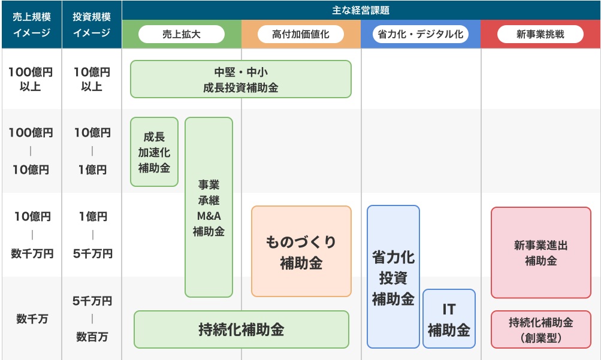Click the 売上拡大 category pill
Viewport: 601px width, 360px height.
pos(182,34)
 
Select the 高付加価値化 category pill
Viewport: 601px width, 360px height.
pos(301,34)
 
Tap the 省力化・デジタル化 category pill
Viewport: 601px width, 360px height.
pos(421,34)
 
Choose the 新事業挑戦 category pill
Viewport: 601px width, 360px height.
pos(540,34)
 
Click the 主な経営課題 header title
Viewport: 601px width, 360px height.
pos(361,10)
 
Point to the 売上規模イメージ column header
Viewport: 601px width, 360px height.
pos(31,25)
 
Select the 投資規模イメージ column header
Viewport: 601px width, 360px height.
pos(92,25)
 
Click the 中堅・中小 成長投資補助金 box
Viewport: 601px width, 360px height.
pos(241,79)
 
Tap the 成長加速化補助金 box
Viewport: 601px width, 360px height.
pos(154,152)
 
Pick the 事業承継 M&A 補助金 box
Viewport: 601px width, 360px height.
pos(209,207)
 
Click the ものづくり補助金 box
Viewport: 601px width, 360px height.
pos(301,251)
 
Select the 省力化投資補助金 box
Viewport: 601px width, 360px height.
pos(393,277)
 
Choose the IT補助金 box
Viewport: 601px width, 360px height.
pos(449,319)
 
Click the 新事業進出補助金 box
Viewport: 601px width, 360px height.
pos(541,253)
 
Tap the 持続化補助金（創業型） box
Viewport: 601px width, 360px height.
pos(541,329)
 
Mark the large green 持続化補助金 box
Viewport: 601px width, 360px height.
pos(241,329)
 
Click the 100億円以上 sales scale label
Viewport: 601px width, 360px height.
pos(31,79)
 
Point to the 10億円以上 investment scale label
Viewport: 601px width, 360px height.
pos(92,79)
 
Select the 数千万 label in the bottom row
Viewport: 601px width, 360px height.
pos(32,319)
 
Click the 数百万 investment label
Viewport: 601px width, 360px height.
pos(92,337)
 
